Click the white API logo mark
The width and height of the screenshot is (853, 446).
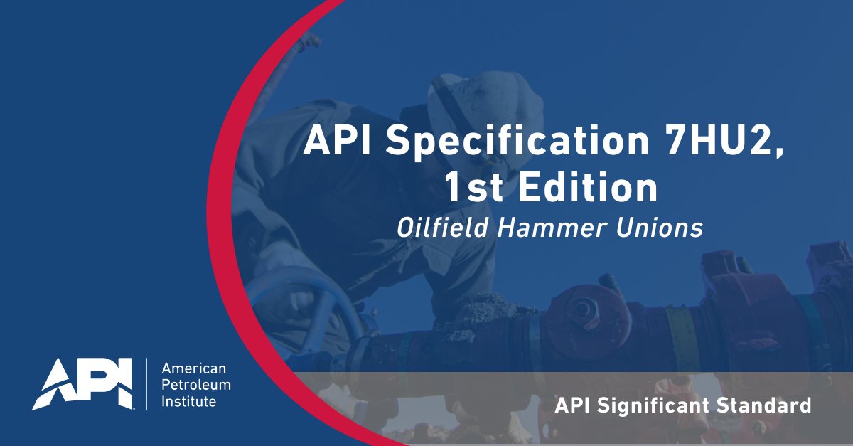pyautogui.click(x=82, y=383)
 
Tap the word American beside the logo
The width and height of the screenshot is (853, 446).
pyautogui.click(x=194, y=368)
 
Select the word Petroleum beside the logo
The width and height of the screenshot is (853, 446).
pyautogui.click(x=196, y=386)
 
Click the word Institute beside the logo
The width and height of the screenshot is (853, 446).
pyautogui.click(x=189, y=403)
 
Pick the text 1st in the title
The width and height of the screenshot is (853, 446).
pyautogui.click(x=470, y=188)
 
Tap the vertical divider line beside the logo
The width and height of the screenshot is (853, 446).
pyautogui.click(x=147, y=384)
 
